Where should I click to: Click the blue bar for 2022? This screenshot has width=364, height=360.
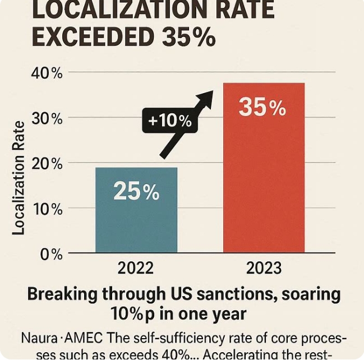click(136, 210)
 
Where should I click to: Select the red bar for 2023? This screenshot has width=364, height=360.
click(264, 168)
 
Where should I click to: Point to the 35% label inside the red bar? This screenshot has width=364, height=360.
click(262, 107)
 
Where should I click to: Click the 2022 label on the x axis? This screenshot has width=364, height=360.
click(136, 269)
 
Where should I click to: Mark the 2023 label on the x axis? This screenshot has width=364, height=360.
click(264, 269)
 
